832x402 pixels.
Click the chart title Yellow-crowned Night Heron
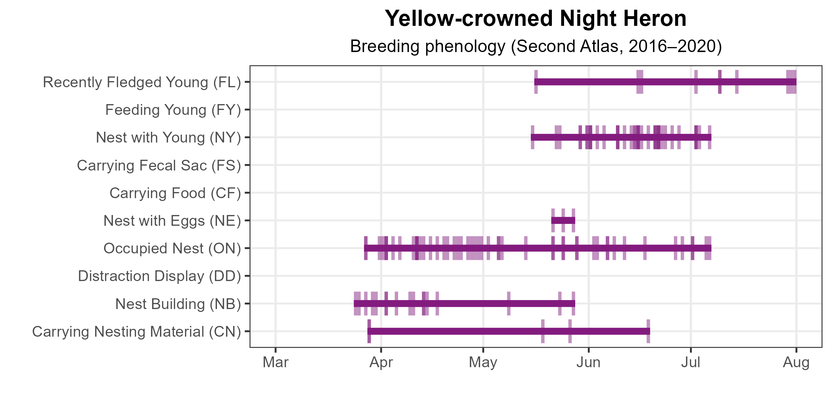click(x=536, y=19)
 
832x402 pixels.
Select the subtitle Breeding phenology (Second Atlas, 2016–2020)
click(x=536, y=46)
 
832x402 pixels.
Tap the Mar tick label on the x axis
click(x=275, y=363)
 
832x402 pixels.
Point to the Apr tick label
click(x=381, y=363)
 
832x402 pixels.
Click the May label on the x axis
click(x=483, y=363)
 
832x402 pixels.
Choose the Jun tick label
click(x=588, y=363)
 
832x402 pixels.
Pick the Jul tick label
click(x=691, y=363)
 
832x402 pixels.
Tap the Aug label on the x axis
click(x=796, y=363)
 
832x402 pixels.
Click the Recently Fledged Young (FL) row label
click(x=142, y=82)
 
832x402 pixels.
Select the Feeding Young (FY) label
click(x=173, y=110)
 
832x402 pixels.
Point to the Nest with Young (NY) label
click(x=169, y=137)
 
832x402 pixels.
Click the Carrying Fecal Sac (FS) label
click(x=159, y=165)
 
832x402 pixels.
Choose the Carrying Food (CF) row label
click(x=175, y=193)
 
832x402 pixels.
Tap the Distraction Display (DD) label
click(x=160, y=276)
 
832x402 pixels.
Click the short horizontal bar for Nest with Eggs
click(x=563, y=220)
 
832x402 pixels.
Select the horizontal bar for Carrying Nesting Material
click(x=509, y=331)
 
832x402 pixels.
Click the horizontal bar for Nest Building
click(x=464, y=303)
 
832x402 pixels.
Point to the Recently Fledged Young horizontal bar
click(x=665, y=82)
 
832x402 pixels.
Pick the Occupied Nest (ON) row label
click(x=172, y=248)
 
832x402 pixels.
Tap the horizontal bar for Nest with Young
click(x=621, y=137)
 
